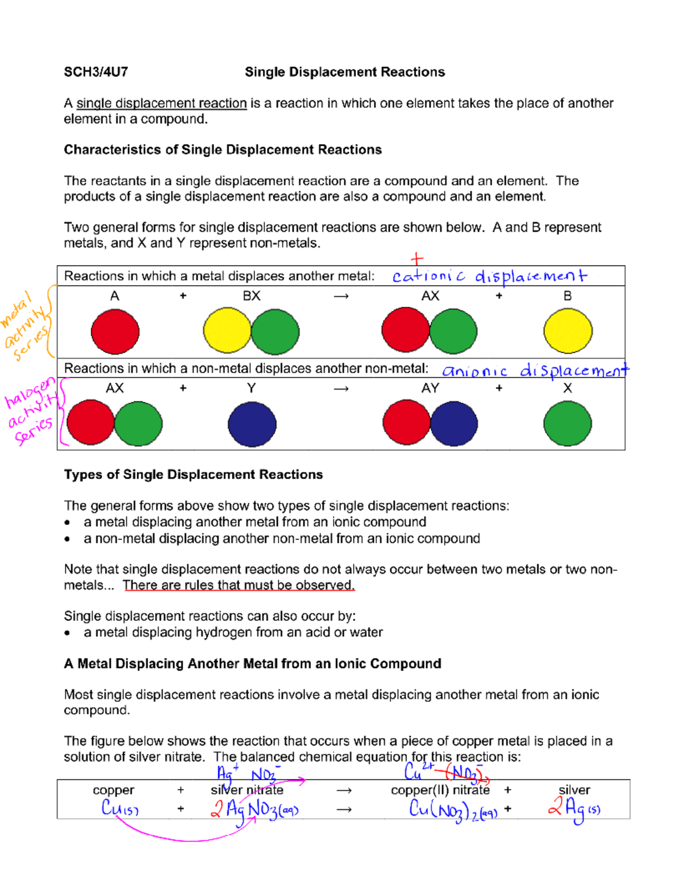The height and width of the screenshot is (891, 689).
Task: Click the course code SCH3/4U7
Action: click(95, 72)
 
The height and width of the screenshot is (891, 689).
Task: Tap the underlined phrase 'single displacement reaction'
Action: click(161, 103)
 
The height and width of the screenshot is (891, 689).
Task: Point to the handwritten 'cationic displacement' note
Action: click(489, 277)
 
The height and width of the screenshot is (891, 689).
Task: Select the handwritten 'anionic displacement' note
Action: click(535, 371)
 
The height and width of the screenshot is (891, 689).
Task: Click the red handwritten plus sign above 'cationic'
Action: click(417, 259)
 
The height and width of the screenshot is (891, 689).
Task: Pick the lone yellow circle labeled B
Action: click(567, 331)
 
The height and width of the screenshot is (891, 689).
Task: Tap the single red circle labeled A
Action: click(115, 332)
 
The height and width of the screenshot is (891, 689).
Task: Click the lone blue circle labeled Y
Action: click(251, 424)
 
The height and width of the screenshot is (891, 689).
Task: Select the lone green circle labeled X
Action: click(567, 424)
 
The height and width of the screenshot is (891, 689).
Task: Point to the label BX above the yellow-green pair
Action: click(251, 296)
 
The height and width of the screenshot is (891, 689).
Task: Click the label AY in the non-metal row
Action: click(430, 388)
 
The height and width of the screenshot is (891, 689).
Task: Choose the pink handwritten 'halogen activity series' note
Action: click(30, 411)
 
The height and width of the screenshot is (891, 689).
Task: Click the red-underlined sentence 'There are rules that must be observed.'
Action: click(238, 585)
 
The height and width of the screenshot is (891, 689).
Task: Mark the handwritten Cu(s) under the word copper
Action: click(119, 808)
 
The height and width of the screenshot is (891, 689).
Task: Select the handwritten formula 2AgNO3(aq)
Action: click(254, 810)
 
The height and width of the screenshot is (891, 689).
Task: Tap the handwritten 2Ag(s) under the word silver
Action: click(574, 808)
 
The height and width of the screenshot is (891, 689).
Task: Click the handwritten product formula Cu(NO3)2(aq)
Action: click(452, 810)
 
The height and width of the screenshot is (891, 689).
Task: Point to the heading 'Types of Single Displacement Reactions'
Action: click(193, 475)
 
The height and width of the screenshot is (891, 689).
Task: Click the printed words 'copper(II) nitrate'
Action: click(440, 790)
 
